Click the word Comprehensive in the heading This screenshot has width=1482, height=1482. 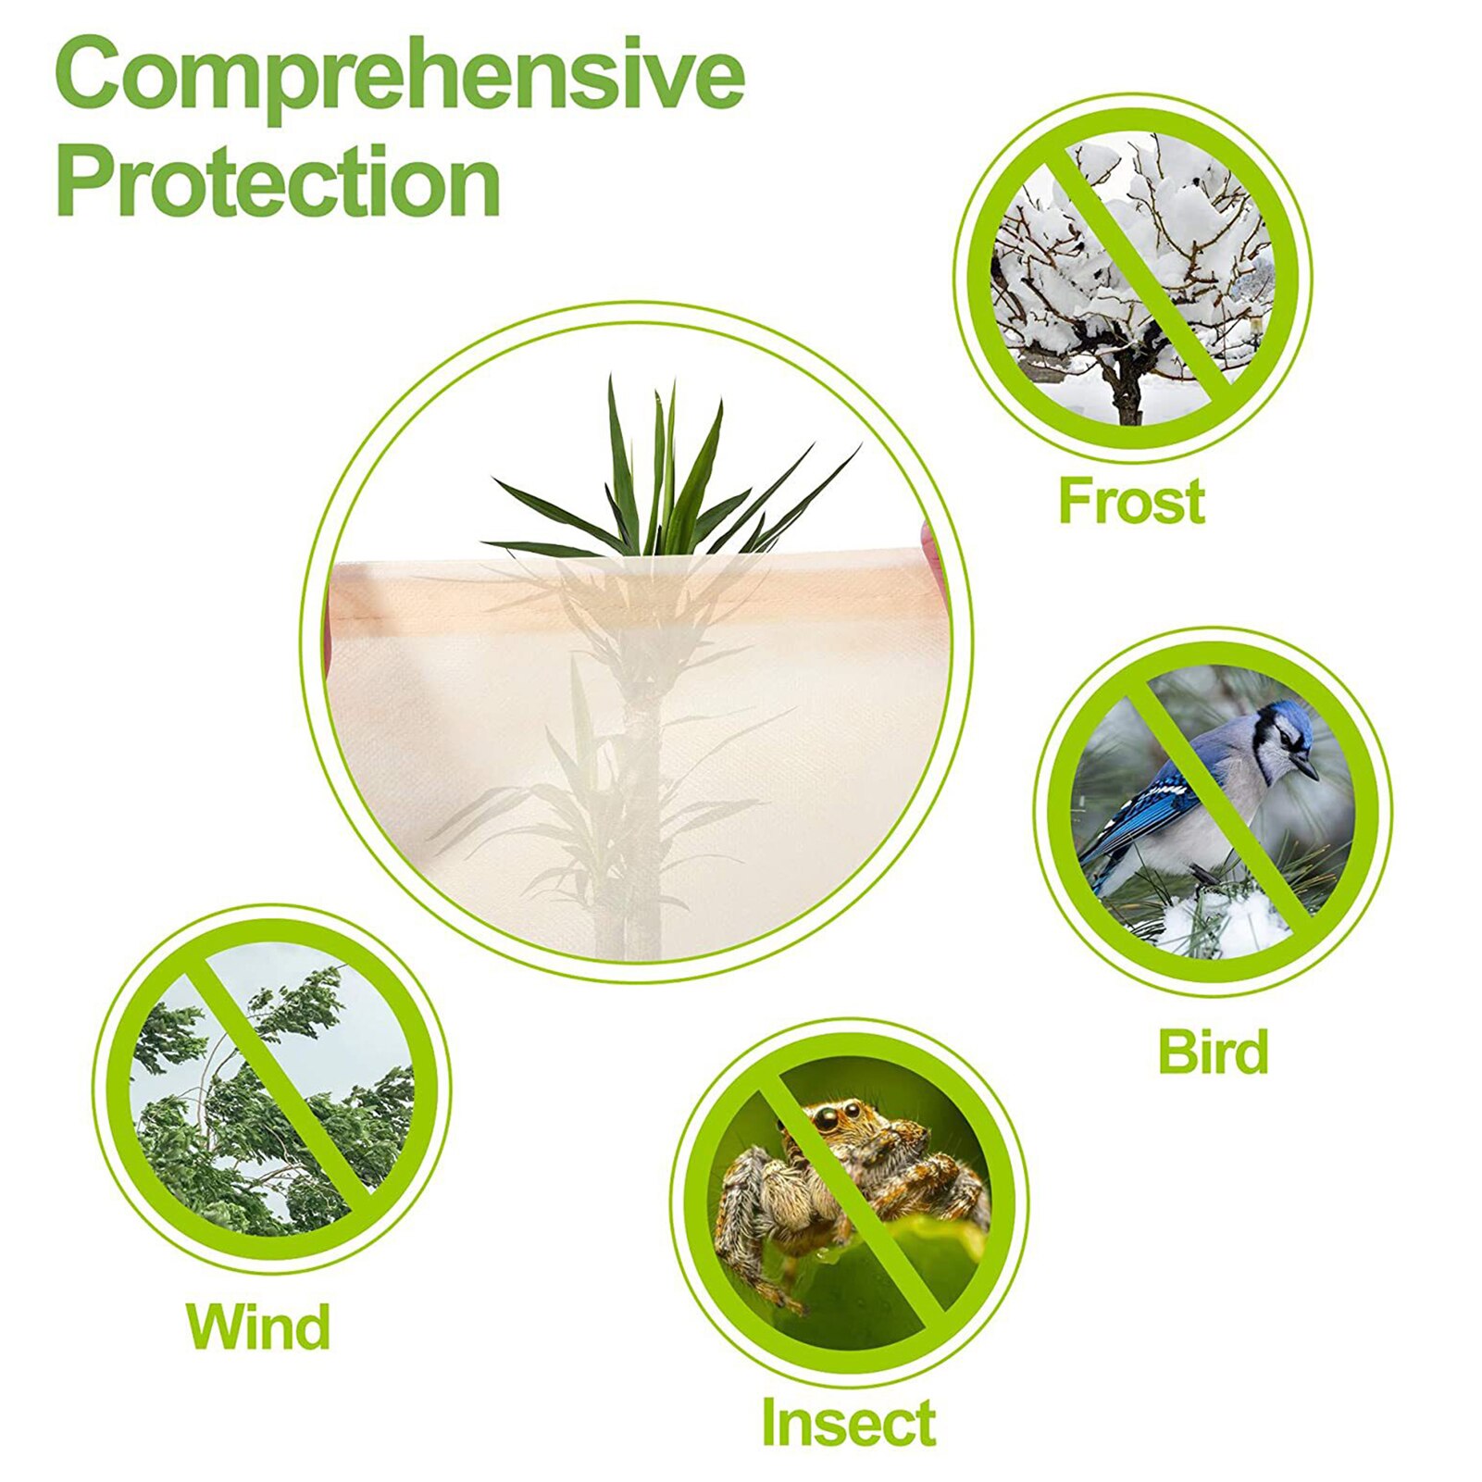click(400, 76)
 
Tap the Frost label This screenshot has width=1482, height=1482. click(1131, 501)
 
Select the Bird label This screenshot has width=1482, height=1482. click(1213, 1052)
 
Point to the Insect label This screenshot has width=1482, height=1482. click(848, 1423)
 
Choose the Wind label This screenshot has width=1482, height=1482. click(258, 1326)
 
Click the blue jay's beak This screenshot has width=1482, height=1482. click(1307, 768)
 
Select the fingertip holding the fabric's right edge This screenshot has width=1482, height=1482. click(928, 542)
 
